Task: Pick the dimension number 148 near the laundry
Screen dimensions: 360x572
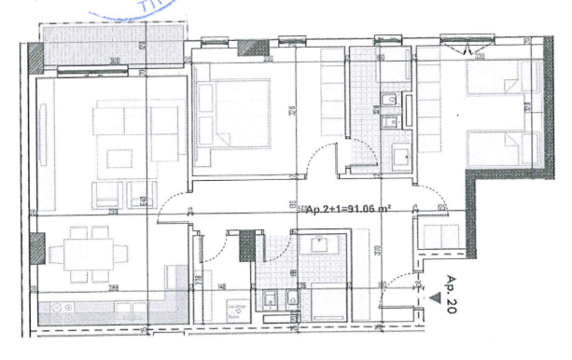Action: tap(222, 286)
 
